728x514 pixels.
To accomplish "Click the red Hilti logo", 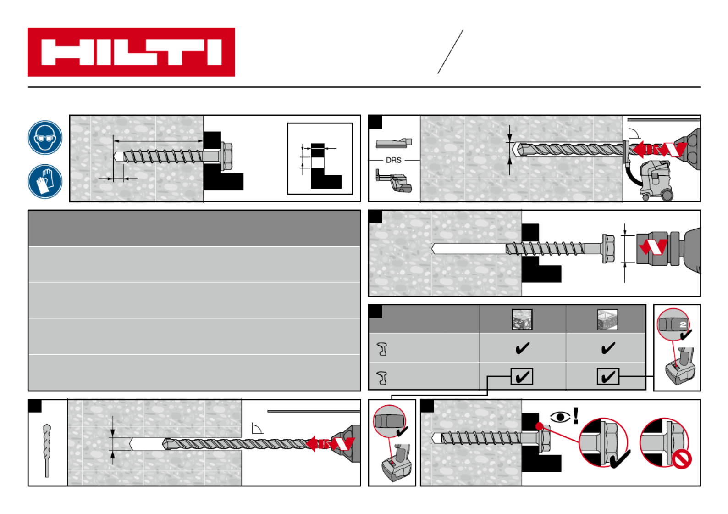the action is (131, 52).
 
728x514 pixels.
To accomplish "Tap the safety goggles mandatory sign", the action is (45, 138).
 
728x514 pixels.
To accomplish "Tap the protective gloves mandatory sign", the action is (45, 181).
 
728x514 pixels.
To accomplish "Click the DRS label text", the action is (393, 160).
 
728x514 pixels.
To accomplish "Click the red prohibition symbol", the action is (681, 458).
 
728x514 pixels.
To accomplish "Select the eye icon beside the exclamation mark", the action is (560, 417).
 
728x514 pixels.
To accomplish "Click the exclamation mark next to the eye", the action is (576, 415).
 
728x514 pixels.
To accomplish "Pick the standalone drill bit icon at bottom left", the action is (47, 450).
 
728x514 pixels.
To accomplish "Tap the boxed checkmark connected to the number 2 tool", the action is (608, 377).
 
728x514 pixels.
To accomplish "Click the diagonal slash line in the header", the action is (450, 52).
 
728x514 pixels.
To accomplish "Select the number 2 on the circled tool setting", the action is (683, 324).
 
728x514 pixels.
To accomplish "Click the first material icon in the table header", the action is (522, 320).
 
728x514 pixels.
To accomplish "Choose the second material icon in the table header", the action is (608, 320).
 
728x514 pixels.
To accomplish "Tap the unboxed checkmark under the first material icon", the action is (522, 348).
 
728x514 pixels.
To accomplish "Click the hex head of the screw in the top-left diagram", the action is (226, 155).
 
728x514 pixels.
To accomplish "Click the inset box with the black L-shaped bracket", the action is (320, 158).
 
